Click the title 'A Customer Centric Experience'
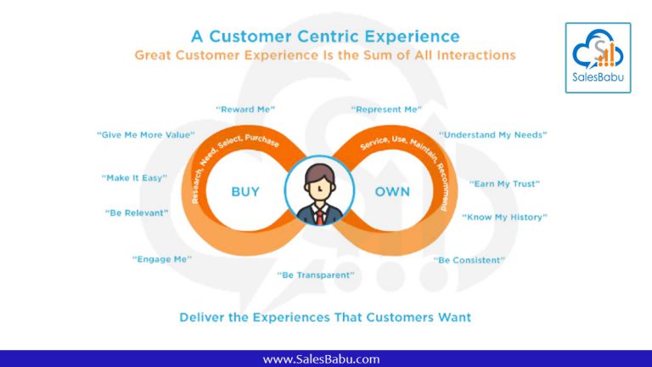tap(325, 36)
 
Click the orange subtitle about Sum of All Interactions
tap(325, 55)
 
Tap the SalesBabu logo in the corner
tap(598, 58)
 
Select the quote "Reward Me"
tap(245, 110)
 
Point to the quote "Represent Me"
tap(385, 110)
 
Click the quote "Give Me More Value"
tap(146, 134)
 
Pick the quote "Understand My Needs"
tap(492, 134)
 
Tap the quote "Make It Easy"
tap(134, 178)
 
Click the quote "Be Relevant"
tap(137, 212)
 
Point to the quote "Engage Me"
tap(161, 258)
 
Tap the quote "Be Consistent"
tap(469, 259)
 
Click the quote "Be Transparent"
tap(316, 274)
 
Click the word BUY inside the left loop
tap(245, 191)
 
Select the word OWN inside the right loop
tap(392, 191)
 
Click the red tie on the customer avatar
tap(319, 215)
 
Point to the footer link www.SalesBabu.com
tap(321, 359)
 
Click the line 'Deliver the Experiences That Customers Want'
tap(325, 317)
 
